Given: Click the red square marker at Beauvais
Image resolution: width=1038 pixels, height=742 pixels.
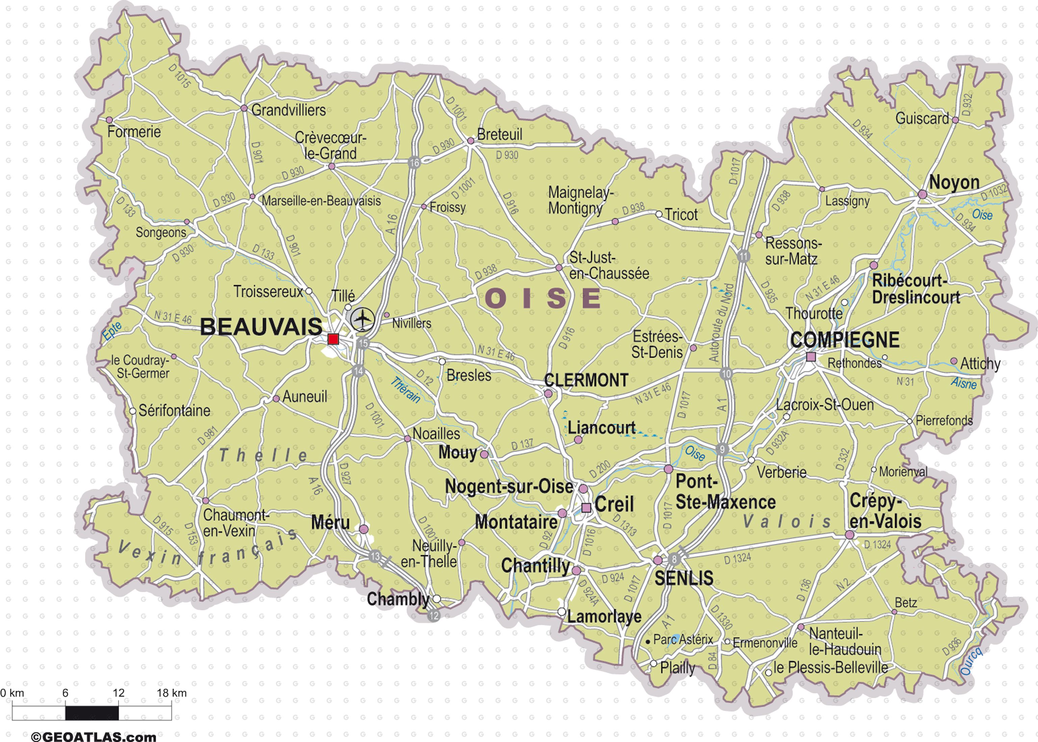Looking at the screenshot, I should tap(333, 339).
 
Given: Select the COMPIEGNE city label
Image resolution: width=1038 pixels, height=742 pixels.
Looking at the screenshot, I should tap(845, 340).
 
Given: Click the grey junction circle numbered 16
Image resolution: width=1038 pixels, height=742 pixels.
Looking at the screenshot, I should tap(414, 163).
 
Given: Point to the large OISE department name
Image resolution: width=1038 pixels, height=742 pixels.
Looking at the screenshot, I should tap(543, 298).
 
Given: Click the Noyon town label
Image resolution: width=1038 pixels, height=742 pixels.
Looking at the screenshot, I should tap(954, 182).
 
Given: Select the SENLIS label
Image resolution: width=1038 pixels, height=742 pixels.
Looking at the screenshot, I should tap(683, 578).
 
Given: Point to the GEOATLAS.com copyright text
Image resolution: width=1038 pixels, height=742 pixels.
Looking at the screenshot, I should tap(94, 736).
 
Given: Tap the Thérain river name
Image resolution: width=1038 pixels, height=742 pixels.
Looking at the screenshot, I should tap(405, 389).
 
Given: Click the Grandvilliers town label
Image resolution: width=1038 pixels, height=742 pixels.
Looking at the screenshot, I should tap(288, 110).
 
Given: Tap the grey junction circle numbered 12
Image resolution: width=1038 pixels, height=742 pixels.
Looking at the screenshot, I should tap(434, 615).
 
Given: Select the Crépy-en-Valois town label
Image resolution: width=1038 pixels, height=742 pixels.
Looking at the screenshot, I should tap(885, 511).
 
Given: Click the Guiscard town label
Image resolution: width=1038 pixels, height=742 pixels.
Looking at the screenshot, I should tap(922, 119).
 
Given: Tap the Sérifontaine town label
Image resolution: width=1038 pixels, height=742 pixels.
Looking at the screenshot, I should tap(174, 411).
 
